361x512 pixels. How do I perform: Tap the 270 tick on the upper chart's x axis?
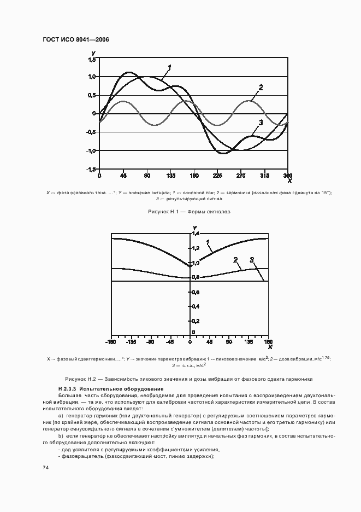(x=241, y=176)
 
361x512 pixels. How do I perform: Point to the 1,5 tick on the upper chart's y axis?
(x=92, y=59)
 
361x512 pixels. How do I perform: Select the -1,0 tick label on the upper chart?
(x=91, y=151)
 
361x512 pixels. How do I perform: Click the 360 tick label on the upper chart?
(x=288, y=176)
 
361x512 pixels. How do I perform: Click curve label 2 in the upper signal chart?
(x=261, y=88)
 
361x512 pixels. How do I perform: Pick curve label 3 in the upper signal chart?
(x=261, y=123)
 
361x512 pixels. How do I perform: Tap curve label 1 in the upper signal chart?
(x=170, y=68)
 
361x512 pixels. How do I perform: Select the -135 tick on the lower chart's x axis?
(x=131, y=342)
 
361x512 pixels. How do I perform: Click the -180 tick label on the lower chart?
(x=111, y=342)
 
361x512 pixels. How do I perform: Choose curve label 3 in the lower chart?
(x=252, y=260)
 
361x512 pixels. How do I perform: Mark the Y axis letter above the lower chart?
(x=194, y=228)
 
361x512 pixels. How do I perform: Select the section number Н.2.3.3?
(x=68, y=388)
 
